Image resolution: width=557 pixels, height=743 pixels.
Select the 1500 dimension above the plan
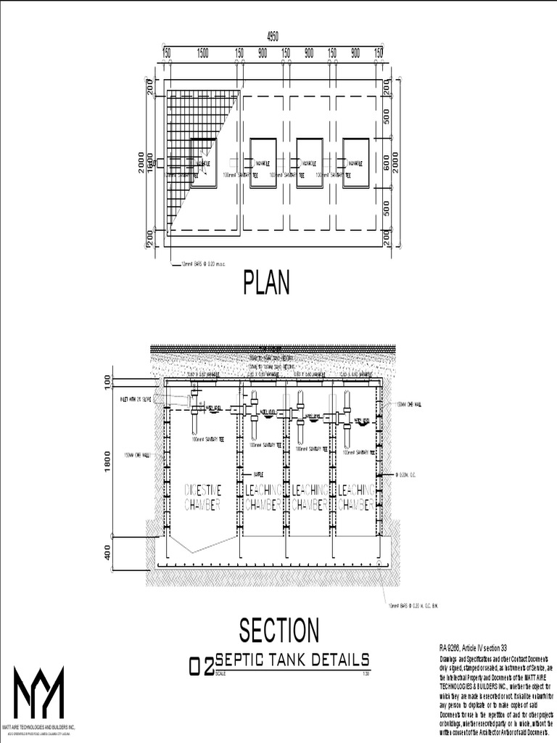pyautogui.click(x=202, y=52)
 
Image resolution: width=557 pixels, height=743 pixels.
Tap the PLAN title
pyautogui.click(x=266, y=282)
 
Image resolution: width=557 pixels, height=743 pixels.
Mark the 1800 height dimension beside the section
pyautogui.click(x=107, y=461)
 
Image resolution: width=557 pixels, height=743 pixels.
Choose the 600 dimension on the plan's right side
pyautogui.click(x=387, y=164)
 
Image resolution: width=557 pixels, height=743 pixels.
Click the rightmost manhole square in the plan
pyautogui.click(x=355, y=163)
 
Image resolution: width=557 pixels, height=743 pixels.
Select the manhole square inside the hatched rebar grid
pyautogui.click(x=203, y=163)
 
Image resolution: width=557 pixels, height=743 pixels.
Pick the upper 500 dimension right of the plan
pyautogui.click(x=387, y=117)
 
